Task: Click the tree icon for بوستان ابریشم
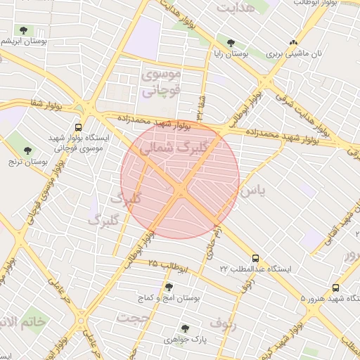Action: [25, 30]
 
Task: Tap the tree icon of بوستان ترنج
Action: [28, 150]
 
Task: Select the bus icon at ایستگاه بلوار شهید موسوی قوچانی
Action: [78, 128]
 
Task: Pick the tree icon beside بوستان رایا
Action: [230, 44]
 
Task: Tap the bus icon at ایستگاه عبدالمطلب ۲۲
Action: [255, 258]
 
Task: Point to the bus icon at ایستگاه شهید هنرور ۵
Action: [335, 288]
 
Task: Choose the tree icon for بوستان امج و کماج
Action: [169, 286]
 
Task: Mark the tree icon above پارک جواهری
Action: [185, 328]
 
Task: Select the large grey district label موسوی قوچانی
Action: [162, 82]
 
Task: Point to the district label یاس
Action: [250, 191]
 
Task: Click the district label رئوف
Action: [224, 324]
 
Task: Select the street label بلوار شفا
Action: [47, 104]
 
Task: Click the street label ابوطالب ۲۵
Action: [169, 266]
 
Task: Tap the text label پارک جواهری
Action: [185, 340]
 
